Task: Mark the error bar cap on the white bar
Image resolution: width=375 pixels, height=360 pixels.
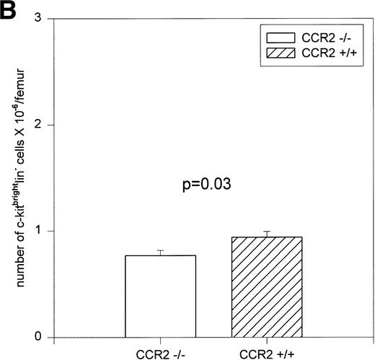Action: [x=161, y=250]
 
